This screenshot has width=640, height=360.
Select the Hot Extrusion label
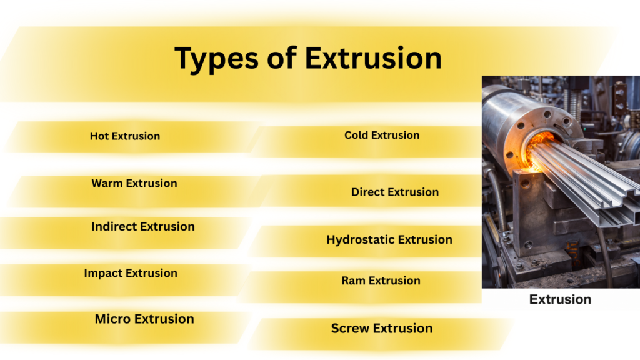click(125, 136)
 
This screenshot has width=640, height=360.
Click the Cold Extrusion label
click(382, 135)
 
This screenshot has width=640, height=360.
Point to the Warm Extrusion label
click(134, 183)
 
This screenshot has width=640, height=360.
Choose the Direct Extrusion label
click(395, 192)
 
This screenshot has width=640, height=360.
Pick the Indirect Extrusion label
click(143, 226)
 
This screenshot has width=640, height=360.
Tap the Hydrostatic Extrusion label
click(389, 240)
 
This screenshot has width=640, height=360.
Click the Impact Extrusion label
click(131, 274)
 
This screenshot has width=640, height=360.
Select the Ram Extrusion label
click(381, 281)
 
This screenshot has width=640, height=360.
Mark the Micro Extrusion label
click(144, 319)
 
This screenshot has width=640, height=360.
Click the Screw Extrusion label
click(382, 329)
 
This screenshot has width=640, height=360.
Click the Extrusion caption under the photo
click(560, 299)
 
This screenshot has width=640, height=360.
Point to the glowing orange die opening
click(536, 151)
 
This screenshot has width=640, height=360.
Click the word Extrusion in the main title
click(373, 57)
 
